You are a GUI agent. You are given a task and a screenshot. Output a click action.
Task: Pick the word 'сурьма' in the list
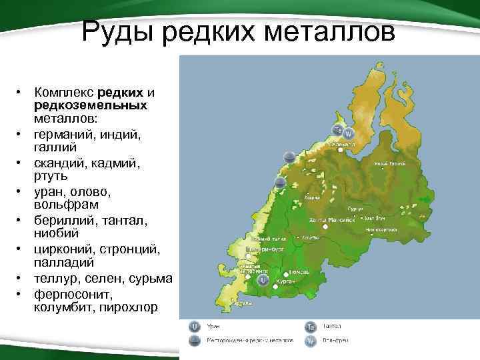pos(153,277)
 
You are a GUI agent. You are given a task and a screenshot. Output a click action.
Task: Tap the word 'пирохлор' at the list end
pos(131,307)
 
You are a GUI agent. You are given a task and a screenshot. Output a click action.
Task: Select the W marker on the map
pos(347,135)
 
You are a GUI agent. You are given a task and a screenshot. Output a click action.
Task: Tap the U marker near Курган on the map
pos(263,281)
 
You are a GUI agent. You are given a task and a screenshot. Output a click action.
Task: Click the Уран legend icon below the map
pos(195,326)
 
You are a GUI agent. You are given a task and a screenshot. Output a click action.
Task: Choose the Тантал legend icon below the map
pos(311,326)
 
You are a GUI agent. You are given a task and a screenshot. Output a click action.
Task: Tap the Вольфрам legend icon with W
pos(311,340)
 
